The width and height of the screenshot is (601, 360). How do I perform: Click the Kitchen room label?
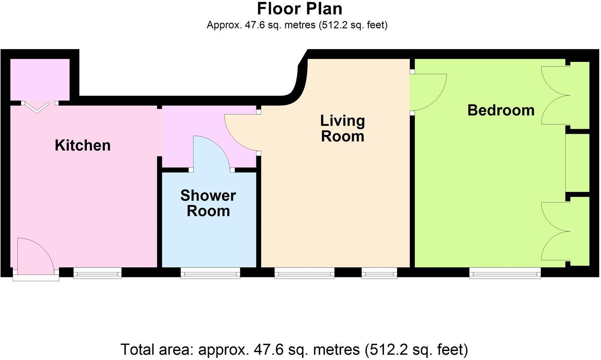tap(83, 145)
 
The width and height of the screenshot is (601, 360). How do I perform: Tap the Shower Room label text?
tap(208, 203)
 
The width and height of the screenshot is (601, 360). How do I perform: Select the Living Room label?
tap(343, 128)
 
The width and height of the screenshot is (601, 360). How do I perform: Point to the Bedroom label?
tap(501, 110)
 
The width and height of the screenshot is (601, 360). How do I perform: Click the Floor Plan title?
tap(300, 9)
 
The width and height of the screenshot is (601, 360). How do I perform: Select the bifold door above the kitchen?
tap(37, 107)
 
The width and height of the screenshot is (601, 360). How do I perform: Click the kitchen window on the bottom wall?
tap(97, 273)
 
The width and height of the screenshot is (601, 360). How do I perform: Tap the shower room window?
tap(211, 273)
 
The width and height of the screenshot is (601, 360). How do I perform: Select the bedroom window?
tap(505, 273)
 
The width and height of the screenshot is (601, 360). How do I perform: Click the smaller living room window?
tap(379, 273)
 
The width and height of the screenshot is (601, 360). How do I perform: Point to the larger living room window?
tap(305, 273)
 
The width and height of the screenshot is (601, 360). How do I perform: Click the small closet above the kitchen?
tap(40, 79)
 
